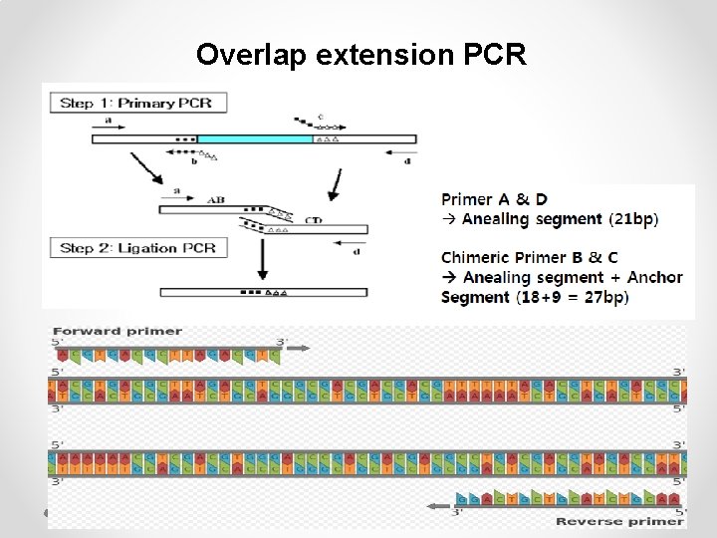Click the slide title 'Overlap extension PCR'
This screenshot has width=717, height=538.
point(360,54)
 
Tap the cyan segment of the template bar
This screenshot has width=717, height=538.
point(255,139)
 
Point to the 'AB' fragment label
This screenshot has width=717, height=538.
point(216,199)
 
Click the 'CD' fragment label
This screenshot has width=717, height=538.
point(313,219)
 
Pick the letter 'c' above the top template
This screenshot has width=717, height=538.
point(320,117)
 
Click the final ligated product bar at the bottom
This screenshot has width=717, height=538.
point(263,293)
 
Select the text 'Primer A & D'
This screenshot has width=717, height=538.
point(494,199)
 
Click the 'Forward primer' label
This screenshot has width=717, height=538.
point(118,331)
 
